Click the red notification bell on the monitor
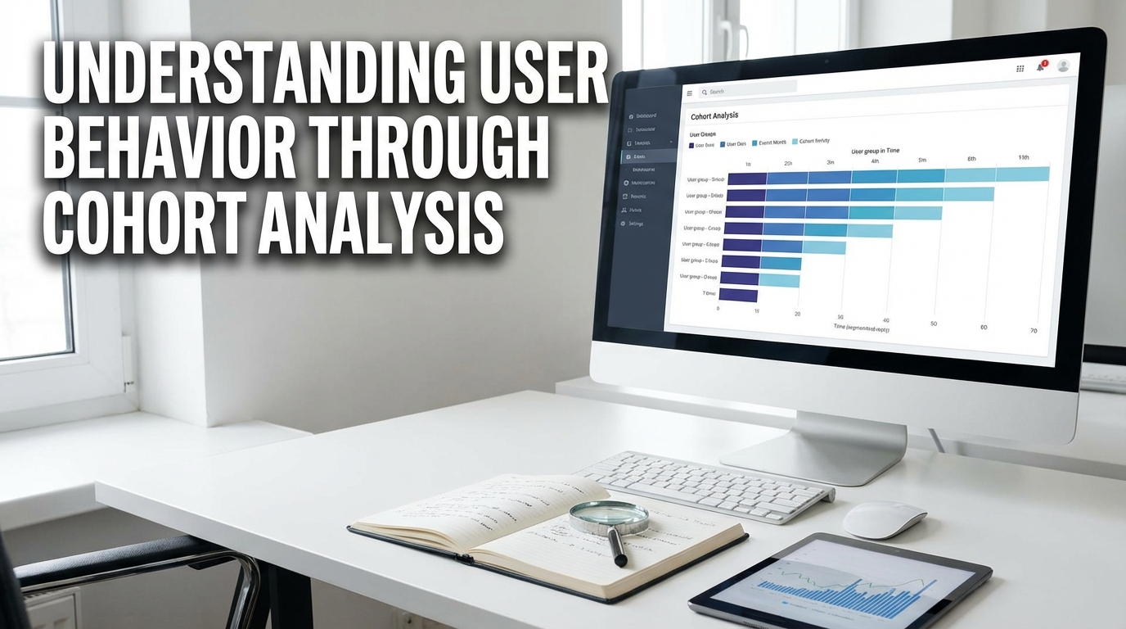point(1041,66)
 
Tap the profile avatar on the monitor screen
point(1063,66)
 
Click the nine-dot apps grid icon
point(1020,69)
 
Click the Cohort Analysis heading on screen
point(714,116)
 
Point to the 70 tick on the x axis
point(1034,330)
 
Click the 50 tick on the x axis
point(934,324)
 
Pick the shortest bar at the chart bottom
point(738,296)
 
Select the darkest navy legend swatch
point(692,145)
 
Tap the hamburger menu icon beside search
point(689,93)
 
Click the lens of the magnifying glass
point(608,515)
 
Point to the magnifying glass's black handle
point(617,546)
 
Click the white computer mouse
point(884,519)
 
